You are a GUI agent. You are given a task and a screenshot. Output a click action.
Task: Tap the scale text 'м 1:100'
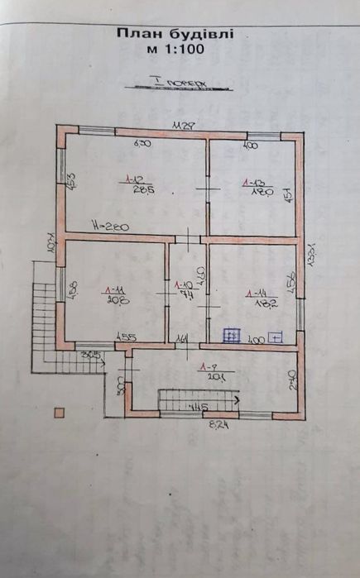(176, 49)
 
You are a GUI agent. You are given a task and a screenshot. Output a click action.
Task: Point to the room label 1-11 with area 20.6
(115, 295)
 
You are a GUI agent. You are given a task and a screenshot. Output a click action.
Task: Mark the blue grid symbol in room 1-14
(233, 335)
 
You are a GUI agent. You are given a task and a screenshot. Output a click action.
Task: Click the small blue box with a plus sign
(276, 337)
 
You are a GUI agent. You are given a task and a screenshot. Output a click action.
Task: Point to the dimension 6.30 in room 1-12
(142, 144)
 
